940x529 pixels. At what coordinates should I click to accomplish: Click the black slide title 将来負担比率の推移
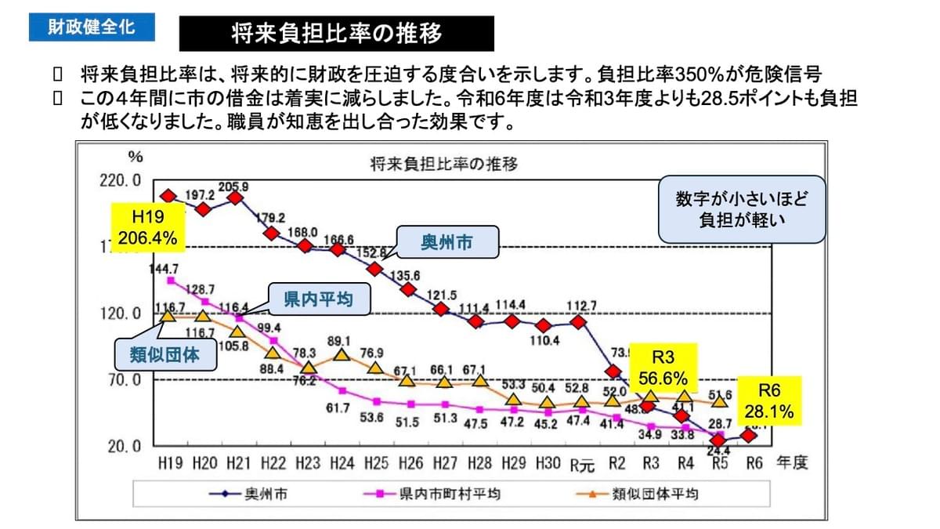pyautogui.click(x=337, y=34)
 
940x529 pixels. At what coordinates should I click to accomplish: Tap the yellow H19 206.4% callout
pyautogui.click(x=148, y=228)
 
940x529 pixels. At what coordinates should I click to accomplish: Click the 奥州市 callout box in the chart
pyautogui.click(x=447, y=243)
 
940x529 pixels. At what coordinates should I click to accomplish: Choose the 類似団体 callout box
pyautogui.click(x=164, y=354)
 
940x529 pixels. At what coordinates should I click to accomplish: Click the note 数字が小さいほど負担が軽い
pyautogui.click(x=741, y=208)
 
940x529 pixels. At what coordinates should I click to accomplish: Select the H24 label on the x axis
pyautogui.click(x=342, y=463)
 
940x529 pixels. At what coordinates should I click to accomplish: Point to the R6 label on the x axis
pyautogui.click(x=754, y=463)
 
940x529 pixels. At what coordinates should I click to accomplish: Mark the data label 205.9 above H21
pyautogui.click(x=234, y=187)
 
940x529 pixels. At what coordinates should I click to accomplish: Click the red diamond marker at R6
pyautogui.click(x=750, y=435)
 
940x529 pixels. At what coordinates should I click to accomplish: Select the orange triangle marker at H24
pyautogui.click(x=342, y=355)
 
